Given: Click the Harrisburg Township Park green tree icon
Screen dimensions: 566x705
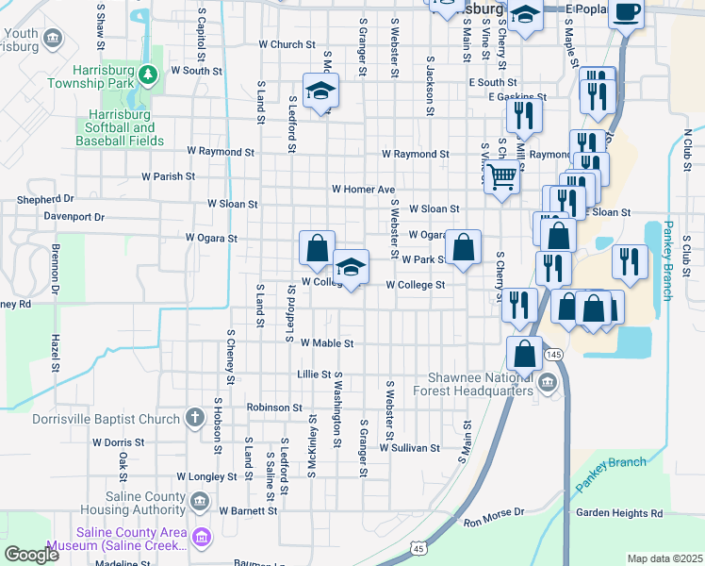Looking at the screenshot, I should tap(146, 74).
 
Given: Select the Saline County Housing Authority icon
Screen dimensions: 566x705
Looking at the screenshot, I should tap(199, 501).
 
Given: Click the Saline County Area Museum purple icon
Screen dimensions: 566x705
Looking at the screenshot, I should tap(201, 538).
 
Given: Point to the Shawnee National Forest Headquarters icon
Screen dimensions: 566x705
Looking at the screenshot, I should tap(548, 383).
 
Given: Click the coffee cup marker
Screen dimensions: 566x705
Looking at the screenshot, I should tap(626, 13).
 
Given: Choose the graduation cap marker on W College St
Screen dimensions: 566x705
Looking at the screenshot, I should tap(351, 268).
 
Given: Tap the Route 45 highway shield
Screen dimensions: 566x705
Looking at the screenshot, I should tap(418, 548).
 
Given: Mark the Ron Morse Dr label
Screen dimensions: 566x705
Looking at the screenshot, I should tap(494, 517).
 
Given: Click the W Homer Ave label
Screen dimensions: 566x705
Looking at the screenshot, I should tap(363, 189).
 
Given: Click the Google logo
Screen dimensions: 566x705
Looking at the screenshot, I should tap(32, 555).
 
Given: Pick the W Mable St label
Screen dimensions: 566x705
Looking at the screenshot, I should tap(326, 344).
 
